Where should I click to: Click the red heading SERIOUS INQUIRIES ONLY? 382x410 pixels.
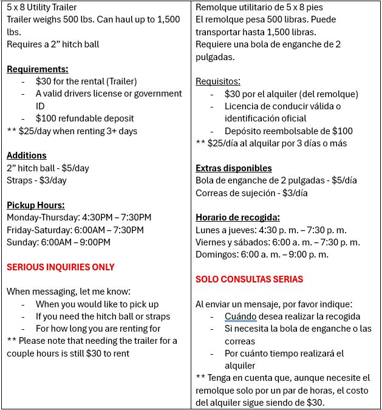coord(60,267)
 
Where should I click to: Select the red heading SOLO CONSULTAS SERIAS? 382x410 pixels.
coord(249,279)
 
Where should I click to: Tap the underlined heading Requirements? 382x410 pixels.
coord(37,69)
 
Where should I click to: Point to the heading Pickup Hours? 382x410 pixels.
coord(35,205)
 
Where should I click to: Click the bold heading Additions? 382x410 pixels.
coord(26,155)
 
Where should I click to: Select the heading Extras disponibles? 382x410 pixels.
coord(233,168)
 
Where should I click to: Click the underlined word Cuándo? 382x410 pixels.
coord(240,316)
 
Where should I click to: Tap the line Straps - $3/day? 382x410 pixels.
coord(36,180)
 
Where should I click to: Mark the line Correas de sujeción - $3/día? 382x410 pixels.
coord(251,193)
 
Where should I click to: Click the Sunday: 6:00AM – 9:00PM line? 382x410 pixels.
coord(58,242)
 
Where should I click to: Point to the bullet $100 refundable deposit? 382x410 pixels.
coord(84,118)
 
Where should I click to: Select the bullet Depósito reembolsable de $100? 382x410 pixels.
coord(288,131)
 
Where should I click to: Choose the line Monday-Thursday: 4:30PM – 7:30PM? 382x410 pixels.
coord(79,217)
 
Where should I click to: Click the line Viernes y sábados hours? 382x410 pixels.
coord(278,242)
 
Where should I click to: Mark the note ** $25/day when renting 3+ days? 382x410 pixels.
coord(72,131)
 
